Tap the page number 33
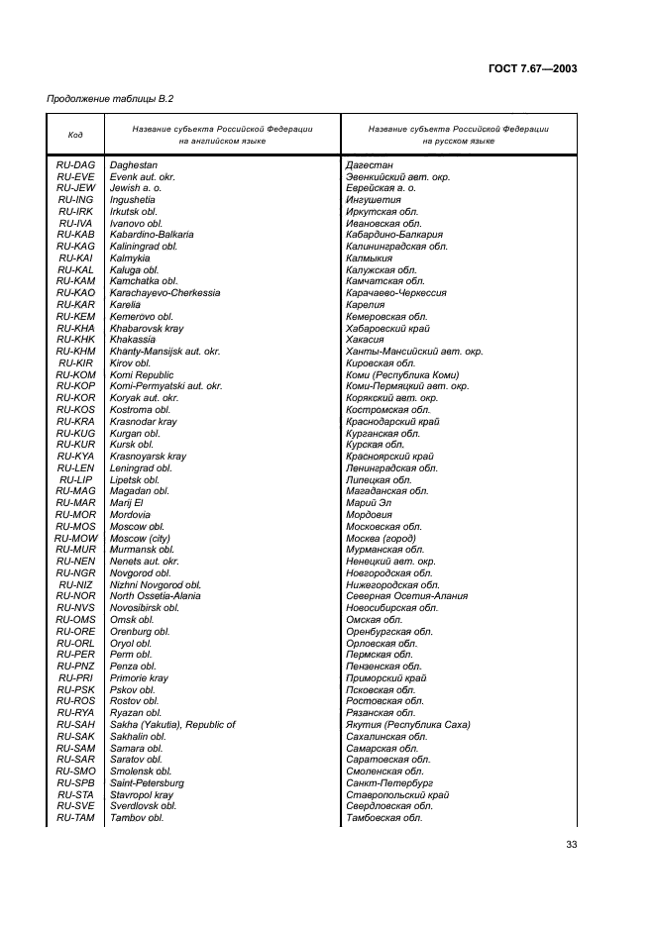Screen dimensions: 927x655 (x=571, y=844)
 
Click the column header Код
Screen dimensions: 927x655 (x=75, y=135)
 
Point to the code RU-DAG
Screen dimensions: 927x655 (x=75, y=164)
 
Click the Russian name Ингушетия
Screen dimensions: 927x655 (x=373, y=199)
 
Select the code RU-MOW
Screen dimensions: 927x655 (x=75, y=538)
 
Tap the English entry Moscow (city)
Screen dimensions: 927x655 (x=140, y=538)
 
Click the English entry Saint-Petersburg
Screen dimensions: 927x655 (x=147, y=783)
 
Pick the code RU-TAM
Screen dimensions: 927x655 (x=75, y=818)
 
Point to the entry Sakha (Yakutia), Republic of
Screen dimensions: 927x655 (x=172, y=725)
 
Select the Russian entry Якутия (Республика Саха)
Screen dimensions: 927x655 (x=407, y=725)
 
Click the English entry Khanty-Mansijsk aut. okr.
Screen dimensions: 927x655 (x=164, y=352)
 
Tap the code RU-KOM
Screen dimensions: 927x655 (x=75, y=374)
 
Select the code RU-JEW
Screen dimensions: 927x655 (x=75, y=187)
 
